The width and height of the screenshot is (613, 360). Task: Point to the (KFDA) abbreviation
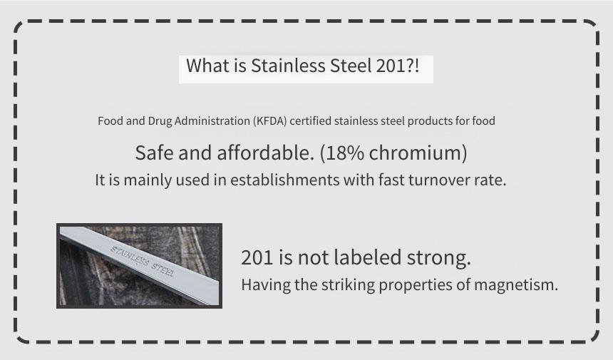[x=269, y=120]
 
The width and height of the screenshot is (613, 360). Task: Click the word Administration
[x=212, y=120]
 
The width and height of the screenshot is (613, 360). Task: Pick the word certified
[x=310, y=120]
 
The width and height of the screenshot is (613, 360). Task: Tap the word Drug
[x=160, y=121]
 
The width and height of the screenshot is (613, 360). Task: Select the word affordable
[x=265, y=153]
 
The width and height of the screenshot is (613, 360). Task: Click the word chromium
[x=415, y=153]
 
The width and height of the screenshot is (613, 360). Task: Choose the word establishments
[x=284, y=180]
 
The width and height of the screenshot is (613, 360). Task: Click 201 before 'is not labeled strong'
[x=257, y=257]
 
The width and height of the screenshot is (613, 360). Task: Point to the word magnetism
[x=515, y=284]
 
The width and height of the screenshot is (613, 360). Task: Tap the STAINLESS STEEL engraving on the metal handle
[x=143, y=261]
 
